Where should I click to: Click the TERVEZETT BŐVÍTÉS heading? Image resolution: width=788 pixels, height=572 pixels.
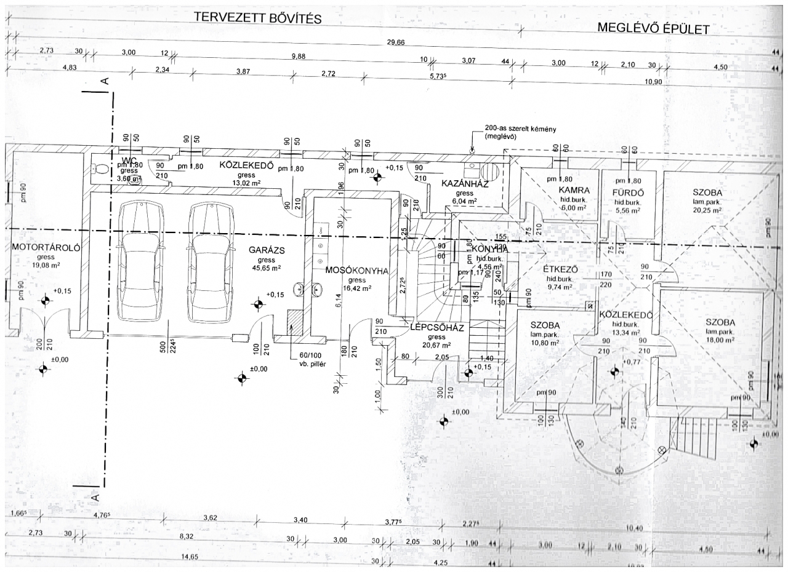(x=258, y=18)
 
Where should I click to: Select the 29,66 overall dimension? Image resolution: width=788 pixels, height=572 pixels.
(x=395, y=42)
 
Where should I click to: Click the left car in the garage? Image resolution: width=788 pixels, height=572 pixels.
(x=140, y=261)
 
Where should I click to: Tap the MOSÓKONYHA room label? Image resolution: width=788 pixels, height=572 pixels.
(x=355, y=271)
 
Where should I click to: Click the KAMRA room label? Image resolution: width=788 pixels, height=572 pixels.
(x=575, y=191)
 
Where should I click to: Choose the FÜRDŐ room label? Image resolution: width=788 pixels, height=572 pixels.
(x=628, y=191)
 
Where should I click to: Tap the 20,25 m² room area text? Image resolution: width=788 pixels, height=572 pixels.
(x=706, y=210)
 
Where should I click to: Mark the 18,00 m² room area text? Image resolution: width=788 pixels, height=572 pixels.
(x=722, y=339)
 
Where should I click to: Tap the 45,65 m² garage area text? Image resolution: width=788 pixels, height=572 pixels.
(x=265, y=268)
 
